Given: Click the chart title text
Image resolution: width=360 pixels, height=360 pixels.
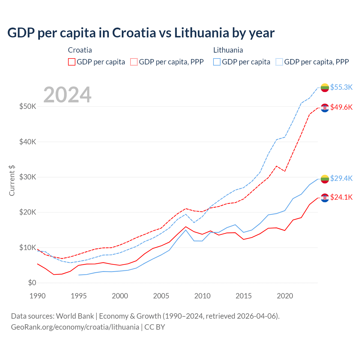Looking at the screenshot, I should click(141, 33).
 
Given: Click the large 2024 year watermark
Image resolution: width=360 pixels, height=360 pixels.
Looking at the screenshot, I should click(67, 95).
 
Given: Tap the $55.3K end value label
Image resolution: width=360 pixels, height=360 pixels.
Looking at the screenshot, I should click(341, 87).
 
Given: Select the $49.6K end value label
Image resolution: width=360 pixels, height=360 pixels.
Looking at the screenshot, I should click(341, 107).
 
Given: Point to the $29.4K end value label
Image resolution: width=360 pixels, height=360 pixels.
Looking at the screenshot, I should click(341, 178).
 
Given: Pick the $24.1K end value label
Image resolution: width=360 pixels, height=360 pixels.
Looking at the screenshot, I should click(341, 197).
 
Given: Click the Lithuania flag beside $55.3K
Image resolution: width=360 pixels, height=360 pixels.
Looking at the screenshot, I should click(325, 87).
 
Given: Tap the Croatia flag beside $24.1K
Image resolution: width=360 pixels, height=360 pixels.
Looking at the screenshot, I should click(325, 198).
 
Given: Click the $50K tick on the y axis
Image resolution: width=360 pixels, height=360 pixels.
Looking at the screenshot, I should click(28, 107).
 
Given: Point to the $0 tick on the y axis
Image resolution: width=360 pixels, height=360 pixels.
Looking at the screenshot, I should click(32, 283).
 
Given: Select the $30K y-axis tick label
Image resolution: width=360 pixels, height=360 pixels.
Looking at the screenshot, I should click(28, 177).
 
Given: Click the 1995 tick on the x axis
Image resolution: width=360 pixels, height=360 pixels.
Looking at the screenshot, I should click(79, 296).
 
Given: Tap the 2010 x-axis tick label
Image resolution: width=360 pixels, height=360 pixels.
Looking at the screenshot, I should click(202, 296).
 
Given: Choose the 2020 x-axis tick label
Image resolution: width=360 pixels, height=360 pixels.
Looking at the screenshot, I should click(285, 296).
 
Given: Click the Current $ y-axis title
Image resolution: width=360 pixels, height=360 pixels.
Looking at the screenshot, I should click(12, 181).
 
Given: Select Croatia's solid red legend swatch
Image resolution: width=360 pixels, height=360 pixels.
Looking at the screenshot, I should click(72, 62).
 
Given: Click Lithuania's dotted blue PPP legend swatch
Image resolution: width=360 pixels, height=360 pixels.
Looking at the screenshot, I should click(279, 62).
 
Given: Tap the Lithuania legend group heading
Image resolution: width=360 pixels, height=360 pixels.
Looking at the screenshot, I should click(228, 50).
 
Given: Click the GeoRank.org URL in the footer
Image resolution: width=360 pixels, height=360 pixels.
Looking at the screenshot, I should click(75, 327).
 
